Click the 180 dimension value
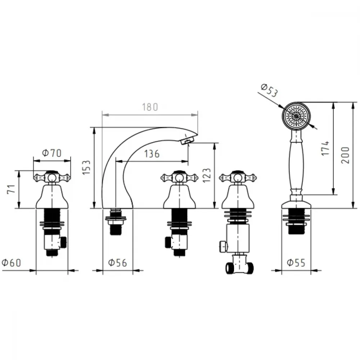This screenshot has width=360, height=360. (x=150, y=107)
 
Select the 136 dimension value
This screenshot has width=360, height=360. (x=152, y=154)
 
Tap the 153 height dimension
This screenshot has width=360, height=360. (x=86, y=167)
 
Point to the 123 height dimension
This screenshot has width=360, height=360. (x=207, y=175)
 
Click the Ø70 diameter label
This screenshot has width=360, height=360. (x=52, y=153)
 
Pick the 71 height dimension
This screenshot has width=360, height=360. (x=11, y=189)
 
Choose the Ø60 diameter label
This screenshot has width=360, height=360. (x=11, y=263)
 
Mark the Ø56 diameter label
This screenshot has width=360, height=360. (x=118, y=263)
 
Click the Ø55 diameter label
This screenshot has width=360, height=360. (x=296, y=263)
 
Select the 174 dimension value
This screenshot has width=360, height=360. (x=325, y=148)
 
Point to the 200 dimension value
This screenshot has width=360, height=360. (x=345, y=155)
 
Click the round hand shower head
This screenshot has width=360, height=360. (x=296, y=116)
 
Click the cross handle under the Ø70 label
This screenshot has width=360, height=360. (x=52, y=177)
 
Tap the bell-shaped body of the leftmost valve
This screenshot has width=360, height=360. (x=52, y=197)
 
